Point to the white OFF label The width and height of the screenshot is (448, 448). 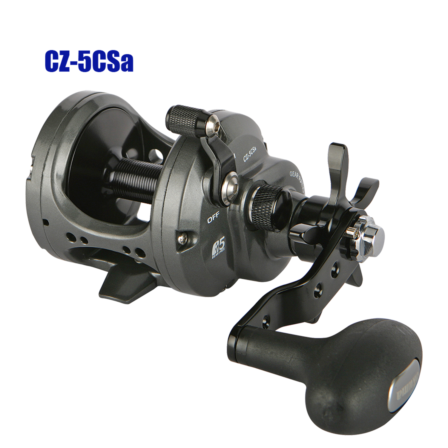(214, 220)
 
